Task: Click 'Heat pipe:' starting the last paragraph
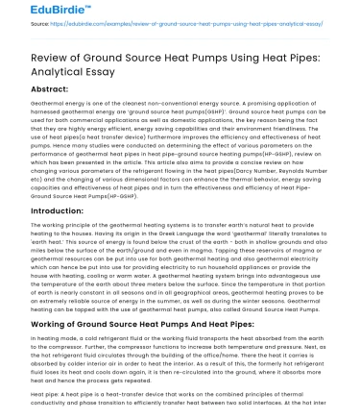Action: tap(20, 393)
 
